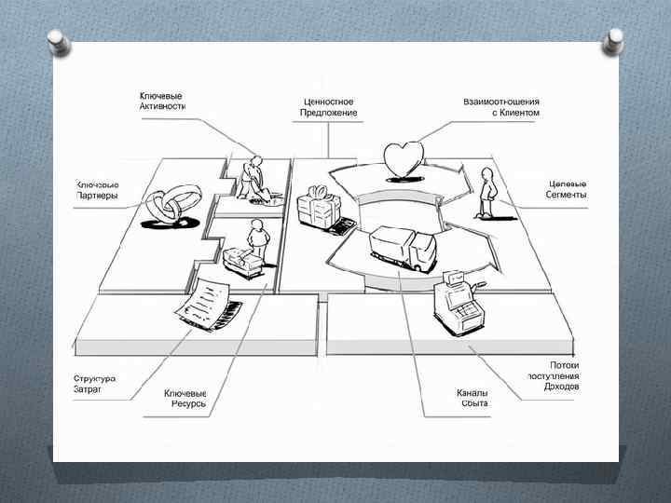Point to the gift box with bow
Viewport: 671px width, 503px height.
(x=317, y=206)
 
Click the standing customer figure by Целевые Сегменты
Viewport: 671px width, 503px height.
(x=486, y=190)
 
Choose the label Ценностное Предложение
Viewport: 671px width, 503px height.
(x=328, y=106)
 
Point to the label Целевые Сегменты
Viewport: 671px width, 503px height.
(x=567, y=189)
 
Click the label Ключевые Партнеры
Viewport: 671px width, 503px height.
(x=96, y=189)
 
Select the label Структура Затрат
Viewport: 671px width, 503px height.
(x=94, y=384)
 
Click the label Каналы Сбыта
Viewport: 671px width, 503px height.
(x=473, y=398)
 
